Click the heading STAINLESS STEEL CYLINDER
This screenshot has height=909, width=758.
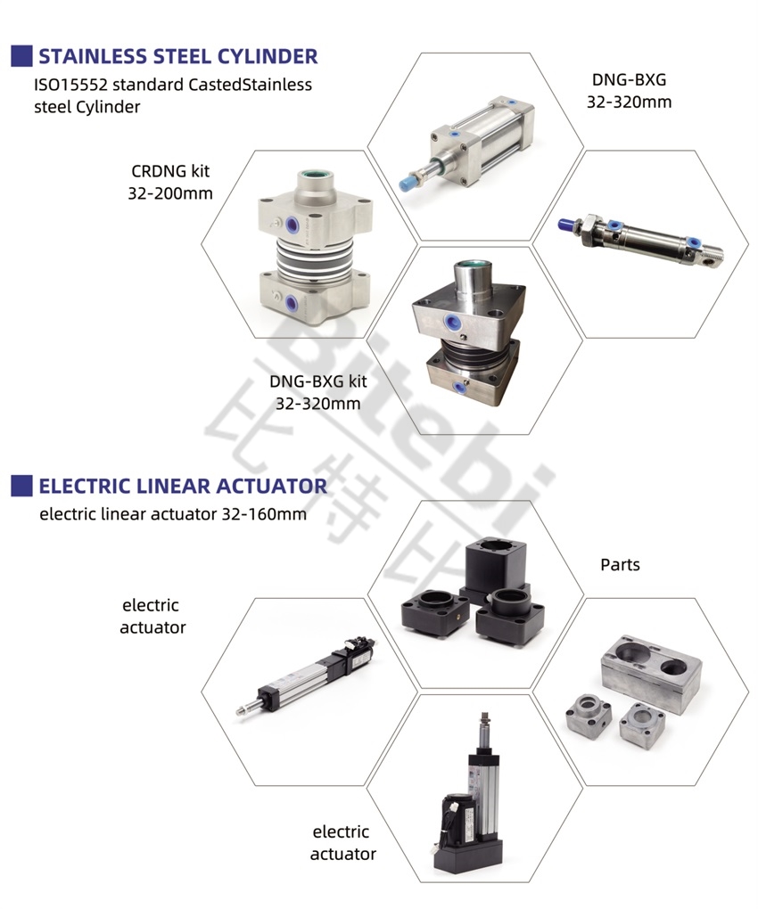tap(178, 56)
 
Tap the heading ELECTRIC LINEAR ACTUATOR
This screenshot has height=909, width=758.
tap(183, 486)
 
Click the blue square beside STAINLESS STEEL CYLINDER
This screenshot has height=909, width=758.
tap(21, 56)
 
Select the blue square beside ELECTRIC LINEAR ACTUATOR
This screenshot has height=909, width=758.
tap(21, 486)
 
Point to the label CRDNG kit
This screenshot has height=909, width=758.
tap(170, 172)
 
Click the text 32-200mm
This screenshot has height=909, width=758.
tap(170, 193)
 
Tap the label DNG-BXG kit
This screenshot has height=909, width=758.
tap(318, 381)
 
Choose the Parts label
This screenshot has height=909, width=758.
tap(620, 565)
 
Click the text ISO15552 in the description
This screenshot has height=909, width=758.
tap(70, 85)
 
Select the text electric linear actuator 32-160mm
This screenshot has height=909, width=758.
tap(173, 514)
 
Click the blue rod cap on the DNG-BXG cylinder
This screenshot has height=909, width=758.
tap(408, 183)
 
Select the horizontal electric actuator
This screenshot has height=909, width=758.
tap(307, 676)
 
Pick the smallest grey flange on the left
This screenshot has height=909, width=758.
tap(588, 717)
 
